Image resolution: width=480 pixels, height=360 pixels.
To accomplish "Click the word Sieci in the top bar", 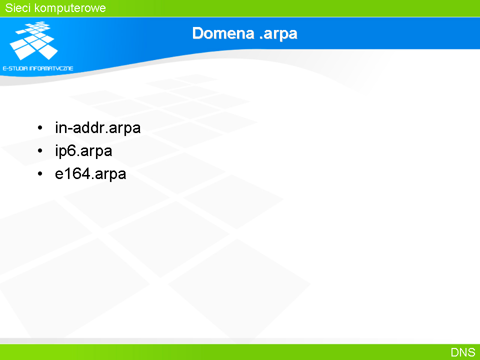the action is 18,8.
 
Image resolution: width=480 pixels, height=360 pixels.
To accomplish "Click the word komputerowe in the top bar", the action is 70,8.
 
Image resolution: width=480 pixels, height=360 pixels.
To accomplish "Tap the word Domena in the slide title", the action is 223,33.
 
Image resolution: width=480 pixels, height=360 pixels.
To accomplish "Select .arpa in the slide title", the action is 278,34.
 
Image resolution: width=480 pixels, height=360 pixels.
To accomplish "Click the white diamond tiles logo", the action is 34,40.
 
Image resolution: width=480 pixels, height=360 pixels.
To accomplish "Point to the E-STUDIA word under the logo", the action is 15,68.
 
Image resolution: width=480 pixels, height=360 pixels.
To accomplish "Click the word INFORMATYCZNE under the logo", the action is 51,68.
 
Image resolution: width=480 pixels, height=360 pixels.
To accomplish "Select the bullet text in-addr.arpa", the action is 97,127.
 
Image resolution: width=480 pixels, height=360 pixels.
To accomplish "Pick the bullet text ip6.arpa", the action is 83,151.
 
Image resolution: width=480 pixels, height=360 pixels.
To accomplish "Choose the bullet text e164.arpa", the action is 90,174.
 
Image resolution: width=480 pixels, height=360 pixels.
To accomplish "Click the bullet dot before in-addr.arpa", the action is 40,127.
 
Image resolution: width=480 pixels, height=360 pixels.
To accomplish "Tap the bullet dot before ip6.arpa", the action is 40,150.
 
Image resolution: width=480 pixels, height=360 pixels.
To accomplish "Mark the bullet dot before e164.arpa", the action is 40,174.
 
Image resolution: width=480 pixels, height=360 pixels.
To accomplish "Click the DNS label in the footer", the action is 463,352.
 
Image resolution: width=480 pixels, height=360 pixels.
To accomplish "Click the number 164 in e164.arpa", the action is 77,173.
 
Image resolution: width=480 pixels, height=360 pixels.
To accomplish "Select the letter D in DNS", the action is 454,352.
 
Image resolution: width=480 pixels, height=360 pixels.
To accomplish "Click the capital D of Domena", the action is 197,33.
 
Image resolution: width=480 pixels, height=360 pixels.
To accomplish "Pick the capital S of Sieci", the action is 9,8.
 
